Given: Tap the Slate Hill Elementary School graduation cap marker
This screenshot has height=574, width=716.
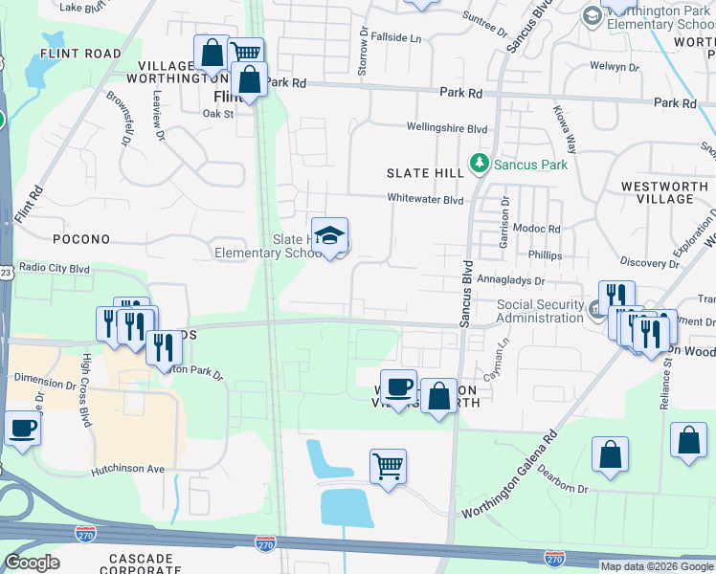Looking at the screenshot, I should [329, 236].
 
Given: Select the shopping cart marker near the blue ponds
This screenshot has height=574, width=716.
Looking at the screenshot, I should [388, 467].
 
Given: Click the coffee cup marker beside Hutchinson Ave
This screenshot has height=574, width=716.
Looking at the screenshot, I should [23, 429].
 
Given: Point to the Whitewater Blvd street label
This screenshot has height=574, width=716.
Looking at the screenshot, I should [425, 199].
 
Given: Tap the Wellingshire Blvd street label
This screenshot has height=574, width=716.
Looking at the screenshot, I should [447, 128].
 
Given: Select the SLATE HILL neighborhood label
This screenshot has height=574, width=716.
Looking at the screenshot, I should [425, 172].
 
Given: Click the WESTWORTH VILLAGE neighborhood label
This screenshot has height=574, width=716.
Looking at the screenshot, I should [670, 192].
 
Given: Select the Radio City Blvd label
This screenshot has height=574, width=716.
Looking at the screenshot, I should [55, 268].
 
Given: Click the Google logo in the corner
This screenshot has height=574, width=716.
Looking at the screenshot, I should [32, 562].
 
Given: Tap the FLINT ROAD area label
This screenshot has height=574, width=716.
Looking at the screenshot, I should [81, 54].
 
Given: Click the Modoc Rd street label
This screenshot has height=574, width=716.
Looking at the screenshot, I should [541, 230].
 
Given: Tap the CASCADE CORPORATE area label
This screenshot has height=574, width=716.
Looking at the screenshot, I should [140, 563].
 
